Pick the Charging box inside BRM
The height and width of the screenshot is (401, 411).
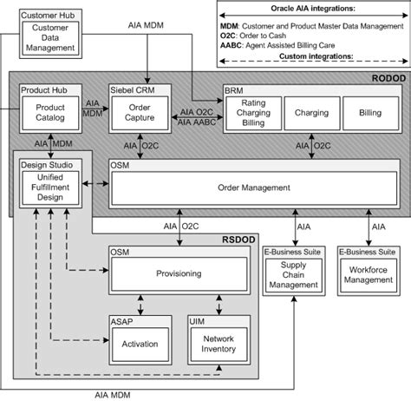[x=310, y=113]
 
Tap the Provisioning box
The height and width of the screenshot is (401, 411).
[x=179, y=273]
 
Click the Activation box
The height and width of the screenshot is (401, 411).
[x=134, y=344]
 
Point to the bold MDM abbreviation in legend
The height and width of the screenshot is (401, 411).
[x=229, y=27]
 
